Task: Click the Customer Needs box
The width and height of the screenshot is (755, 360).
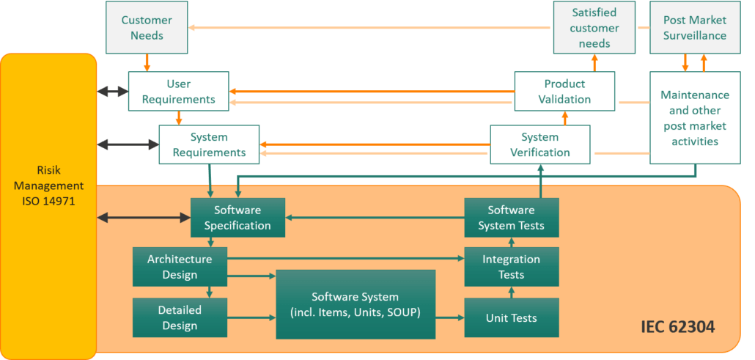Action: tap(147, 28)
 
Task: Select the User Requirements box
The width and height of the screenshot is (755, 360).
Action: tap(179, 92)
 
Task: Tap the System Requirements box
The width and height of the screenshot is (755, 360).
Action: tap(209, 144)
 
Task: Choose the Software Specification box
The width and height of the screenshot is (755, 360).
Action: tap(237, 218)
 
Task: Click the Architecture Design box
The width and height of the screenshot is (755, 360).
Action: tap(180, 267)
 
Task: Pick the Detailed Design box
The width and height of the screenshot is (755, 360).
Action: tap(180, 317)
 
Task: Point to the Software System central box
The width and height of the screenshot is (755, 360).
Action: tap(356, 304)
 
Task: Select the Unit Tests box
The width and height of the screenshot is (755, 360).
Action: tap(511, 318)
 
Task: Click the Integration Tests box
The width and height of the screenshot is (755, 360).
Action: tap(511, 267)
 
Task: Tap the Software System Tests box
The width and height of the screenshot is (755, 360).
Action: tap(511, 218)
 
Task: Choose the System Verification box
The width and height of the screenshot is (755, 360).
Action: tap(539, 144)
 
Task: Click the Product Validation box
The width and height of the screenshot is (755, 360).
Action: tap(564, 92)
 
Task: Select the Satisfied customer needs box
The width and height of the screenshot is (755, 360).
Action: tap(594, 28)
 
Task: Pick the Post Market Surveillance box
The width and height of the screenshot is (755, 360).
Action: tap(694, 28)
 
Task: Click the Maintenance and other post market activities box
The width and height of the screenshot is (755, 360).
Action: tap(694, 117)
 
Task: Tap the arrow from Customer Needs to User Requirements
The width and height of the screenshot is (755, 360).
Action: tap(147, 62)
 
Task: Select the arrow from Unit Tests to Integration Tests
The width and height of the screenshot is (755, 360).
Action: tap(511, 293)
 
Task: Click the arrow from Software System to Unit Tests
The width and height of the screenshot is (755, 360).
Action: tap(450, 318)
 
